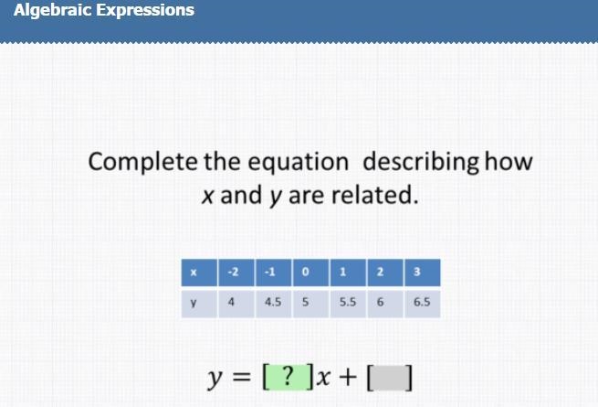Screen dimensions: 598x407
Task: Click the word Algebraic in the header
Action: coord(53,10)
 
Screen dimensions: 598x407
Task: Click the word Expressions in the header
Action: coord(145,10)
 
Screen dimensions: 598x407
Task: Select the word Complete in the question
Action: coord(142,162)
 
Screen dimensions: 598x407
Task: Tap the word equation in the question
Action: coord(299,163)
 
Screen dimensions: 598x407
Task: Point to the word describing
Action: coord(421,162)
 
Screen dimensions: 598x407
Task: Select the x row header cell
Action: coord(199,273)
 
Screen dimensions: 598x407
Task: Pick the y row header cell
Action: coord(199,304)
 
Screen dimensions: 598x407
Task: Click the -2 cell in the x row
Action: coord(236,273)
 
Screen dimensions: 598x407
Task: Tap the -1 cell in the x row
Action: coord(274,273)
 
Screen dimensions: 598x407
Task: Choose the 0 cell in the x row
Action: coord(310,273)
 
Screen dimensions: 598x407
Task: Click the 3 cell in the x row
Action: coord(422,273)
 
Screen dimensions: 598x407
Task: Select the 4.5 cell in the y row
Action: coord(274,304)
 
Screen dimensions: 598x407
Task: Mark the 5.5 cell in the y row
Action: coord(348,304)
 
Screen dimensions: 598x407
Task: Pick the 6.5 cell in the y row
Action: coord(422,304)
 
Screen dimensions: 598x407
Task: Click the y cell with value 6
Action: coord(385,304)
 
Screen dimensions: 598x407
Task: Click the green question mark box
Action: coord(289,377)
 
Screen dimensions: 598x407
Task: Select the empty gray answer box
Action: coord(390,378)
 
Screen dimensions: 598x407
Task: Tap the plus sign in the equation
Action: coord(348,377)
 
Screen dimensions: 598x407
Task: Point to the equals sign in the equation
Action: coord(242,377)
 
